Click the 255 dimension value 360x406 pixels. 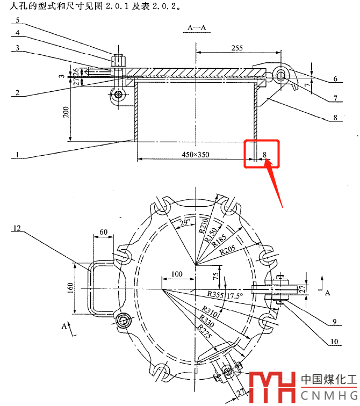pos(237,48)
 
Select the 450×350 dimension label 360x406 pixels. pos(195,155)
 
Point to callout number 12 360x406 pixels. pos(17,229)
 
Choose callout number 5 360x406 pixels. pos(17,20)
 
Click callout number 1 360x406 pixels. pos(17,156)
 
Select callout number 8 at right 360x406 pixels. pos(335,117)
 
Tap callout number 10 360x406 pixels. pos(334,341)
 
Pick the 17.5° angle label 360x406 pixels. pos(234,296)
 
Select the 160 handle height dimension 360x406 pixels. pos(71,289)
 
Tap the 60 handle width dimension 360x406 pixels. pos(103,231)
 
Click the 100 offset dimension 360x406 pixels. pos(176,274)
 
